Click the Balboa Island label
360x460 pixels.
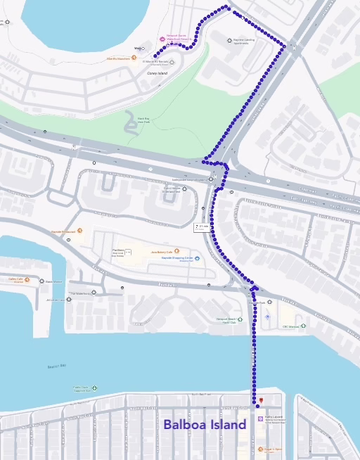(205, 425)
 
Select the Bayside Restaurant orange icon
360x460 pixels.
(80, 230)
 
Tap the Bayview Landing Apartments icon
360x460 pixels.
(230, 40)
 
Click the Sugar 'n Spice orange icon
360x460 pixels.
(259, 448)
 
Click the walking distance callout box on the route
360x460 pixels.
(202, 226)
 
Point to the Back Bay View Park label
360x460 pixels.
(143, 120)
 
